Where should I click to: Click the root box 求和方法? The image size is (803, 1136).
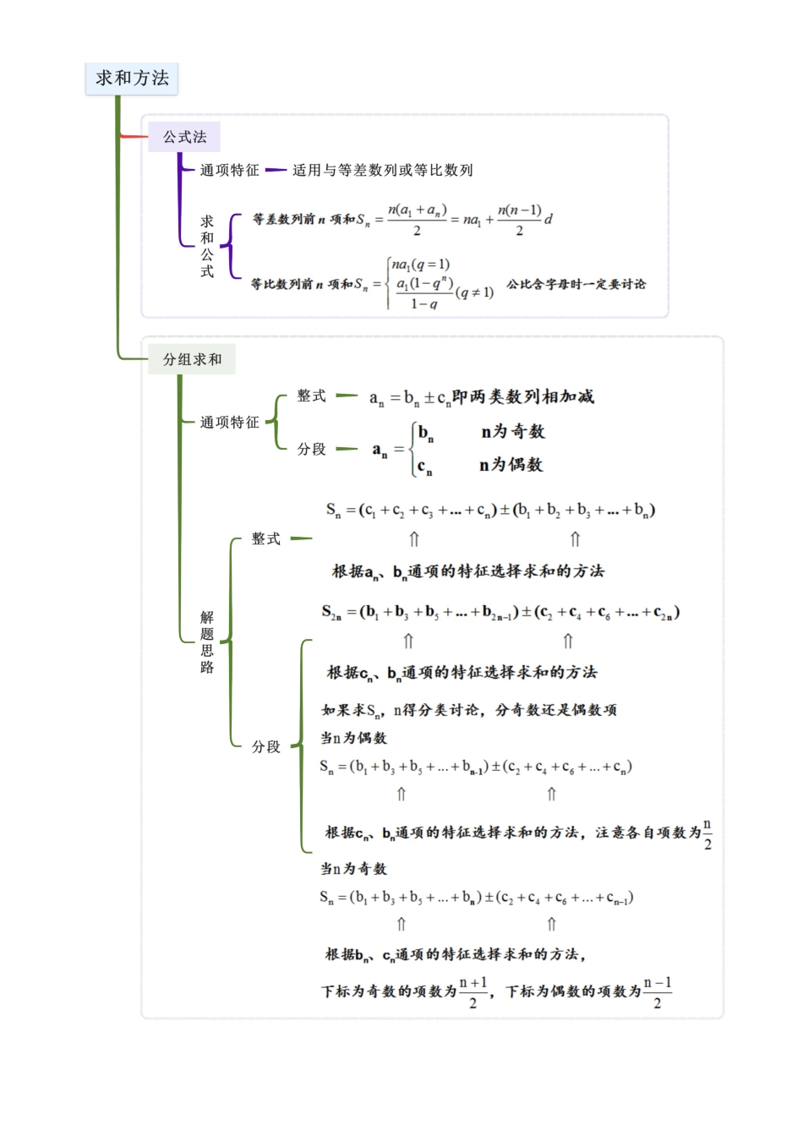(x=132, y=79)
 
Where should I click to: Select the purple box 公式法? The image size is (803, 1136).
(x=184, y=137)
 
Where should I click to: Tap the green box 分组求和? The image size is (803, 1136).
(x=192, y=359)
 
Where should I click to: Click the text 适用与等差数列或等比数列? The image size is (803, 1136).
(x=382, y=170)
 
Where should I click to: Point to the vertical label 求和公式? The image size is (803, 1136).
(x=207, y=246)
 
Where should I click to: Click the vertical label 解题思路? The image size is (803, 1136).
(x=207, y=642)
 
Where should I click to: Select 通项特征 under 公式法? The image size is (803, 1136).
(x=229, y=170)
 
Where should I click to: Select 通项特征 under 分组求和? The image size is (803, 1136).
(x=229, y=422)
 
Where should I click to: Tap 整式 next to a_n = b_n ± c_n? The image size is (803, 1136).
(x=311, y=396)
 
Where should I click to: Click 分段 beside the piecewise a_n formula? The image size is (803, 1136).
(x=311, y=449)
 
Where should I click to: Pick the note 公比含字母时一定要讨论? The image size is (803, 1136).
(x=576, y=284)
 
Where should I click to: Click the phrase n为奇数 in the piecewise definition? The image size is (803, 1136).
(x=513, y=432)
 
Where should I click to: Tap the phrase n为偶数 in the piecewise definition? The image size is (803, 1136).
(x=511, y=465)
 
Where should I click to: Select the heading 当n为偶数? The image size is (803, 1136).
(x=353, y=738)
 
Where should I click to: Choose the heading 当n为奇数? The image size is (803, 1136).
(x=353, y=868)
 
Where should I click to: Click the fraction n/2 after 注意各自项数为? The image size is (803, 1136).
(x=707, y=833)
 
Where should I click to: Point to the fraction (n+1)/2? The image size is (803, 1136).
(x=473, y=992)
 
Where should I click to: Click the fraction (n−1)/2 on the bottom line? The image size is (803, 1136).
(x=657, y=992)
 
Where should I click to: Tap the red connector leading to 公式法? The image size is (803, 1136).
(x=134, y=136)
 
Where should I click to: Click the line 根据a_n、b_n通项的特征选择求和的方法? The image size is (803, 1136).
(x=467, y=571)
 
